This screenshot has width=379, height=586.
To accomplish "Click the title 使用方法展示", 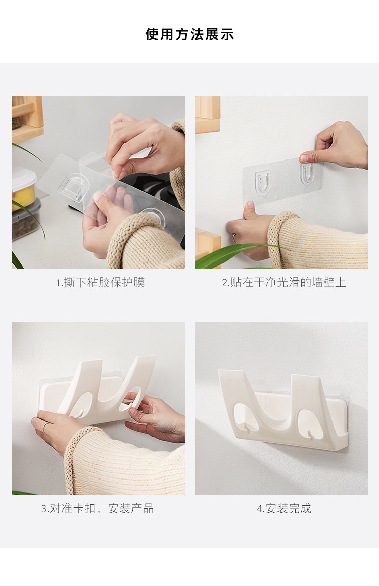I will click(189, 34).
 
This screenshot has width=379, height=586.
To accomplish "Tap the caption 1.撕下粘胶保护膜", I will click(100, 282).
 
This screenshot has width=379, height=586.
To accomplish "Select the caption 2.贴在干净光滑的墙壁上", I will click(284, 282).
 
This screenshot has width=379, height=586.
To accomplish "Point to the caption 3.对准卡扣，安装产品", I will click(97, 508).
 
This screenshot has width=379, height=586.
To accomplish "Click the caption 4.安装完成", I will click(284, 508).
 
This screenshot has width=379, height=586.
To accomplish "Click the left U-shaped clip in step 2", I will click(263, 181).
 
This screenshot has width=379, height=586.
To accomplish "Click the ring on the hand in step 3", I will click(44, 427).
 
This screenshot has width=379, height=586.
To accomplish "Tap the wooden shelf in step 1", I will click(28, 119).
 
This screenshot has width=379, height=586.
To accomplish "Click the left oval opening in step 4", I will click(246, 417).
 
